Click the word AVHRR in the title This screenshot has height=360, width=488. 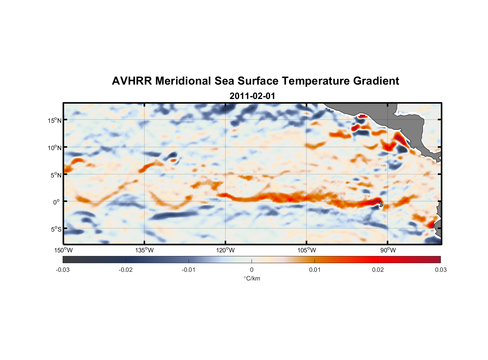(131, 81)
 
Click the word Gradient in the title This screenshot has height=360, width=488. (376, 81)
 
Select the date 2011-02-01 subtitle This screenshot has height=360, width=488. (252, 96)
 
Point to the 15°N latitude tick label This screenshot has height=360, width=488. (55, 120)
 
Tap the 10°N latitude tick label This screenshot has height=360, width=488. (55, 148)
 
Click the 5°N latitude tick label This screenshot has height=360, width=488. (56, 175)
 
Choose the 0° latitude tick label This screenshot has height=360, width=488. (57, 202)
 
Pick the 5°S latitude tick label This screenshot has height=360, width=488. (56, 229)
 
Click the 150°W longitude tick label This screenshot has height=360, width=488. (63, 250)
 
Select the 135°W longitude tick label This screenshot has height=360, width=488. (145, 250)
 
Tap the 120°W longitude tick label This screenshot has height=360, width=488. (226, 250)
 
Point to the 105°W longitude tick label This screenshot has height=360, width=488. (307, 250)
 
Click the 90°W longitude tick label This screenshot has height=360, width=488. (388, 250)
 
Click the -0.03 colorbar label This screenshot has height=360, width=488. (63, 270)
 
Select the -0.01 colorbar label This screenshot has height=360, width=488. (189, 270)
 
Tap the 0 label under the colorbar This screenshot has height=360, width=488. (252, 270)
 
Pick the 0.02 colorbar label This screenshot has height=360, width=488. (378, 270)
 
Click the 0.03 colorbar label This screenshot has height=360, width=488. (440, 270)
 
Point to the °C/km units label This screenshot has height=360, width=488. (252, 278)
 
